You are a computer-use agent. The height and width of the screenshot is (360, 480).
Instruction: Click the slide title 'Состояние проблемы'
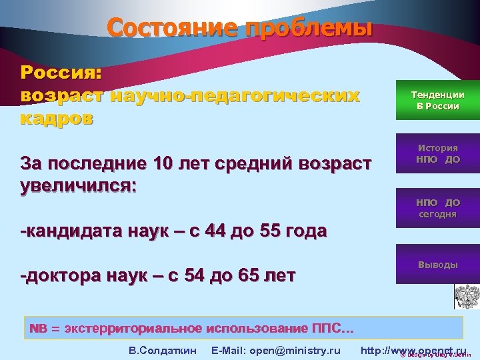point(239,29)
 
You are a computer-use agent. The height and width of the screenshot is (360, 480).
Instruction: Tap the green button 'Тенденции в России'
point(437,101)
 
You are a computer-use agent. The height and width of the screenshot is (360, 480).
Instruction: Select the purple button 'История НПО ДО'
point(437,154)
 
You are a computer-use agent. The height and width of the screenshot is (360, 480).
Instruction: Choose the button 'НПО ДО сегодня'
point(437,208)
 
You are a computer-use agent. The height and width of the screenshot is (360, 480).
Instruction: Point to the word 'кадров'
point(57,119)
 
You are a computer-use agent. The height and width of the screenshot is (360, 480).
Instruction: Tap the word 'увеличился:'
point(79,184)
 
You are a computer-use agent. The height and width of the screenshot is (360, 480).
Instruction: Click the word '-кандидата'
point(73,231)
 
